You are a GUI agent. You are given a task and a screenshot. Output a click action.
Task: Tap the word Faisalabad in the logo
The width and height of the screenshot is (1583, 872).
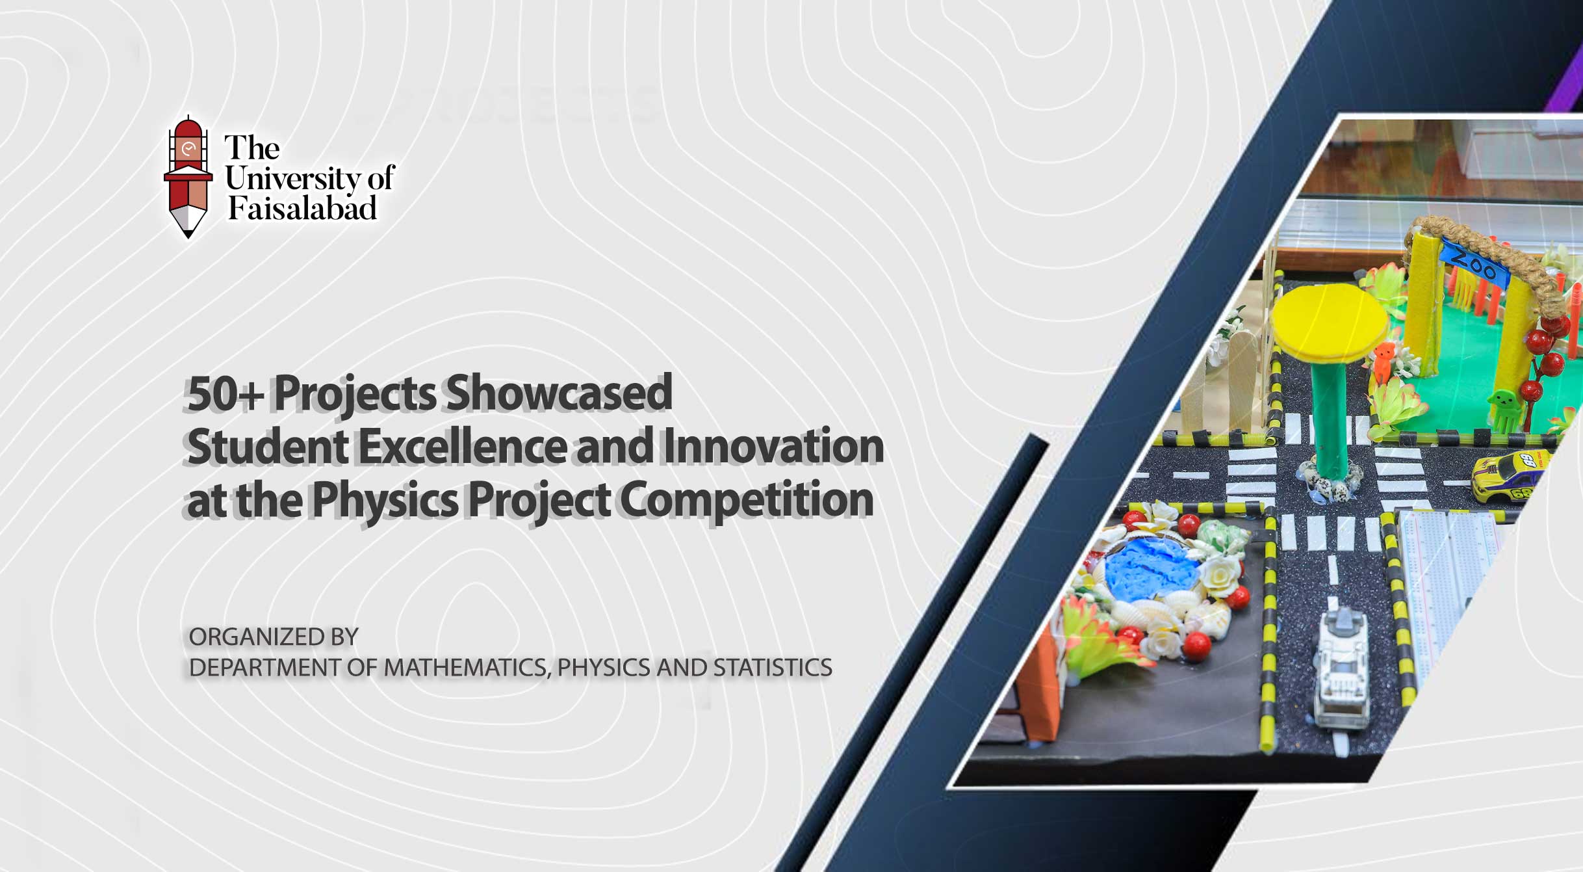click(x=302, y=208)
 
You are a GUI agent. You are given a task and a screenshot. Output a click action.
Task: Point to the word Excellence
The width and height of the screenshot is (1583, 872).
click(x=462, y=447)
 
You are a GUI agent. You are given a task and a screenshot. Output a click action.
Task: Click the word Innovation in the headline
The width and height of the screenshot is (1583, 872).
click(x=773, y=447)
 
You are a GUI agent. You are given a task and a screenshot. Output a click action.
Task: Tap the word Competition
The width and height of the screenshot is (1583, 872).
click(x=747, y=500)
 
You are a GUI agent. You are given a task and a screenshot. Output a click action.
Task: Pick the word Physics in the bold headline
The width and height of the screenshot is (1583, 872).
click(x=385, y=501)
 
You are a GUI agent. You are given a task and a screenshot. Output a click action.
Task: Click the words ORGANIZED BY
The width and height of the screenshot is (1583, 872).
click(x=274, y=637)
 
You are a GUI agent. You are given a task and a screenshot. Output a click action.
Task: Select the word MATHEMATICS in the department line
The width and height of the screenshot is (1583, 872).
click(x=466, y=668)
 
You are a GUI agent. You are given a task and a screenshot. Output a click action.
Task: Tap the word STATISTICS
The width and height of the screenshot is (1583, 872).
click(x=773, y=668)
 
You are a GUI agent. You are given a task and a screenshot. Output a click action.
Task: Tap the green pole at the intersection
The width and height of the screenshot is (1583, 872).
click(x=1327, y=416)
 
